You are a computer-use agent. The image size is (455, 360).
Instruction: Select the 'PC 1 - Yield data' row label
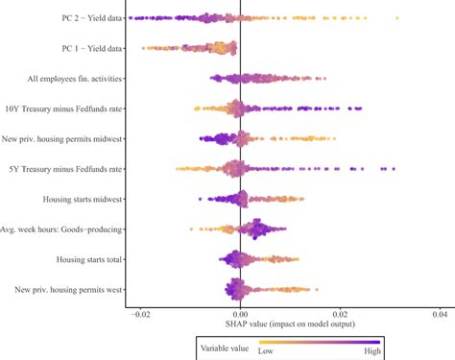[79, 47]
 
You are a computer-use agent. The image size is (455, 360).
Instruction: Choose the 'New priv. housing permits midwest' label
[60, 138]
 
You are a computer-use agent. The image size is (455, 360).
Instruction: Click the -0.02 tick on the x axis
[139, 314]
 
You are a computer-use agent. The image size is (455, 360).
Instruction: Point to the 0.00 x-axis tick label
[240, 314]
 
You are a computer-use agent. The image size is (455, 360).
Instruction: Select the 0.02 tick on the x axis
[340, 314]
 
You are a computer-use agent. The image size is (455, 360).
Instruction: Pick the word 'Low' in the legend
[265, 351]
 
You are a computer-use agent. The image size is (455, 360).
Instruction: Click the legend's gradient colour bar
[318, 340]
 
